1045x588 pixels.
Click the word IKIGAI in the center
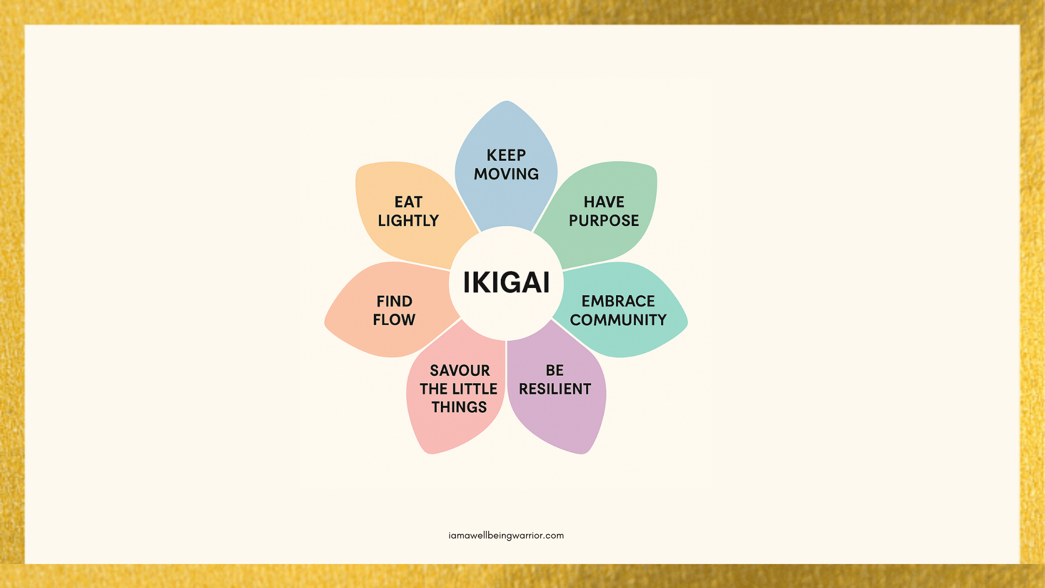(x=506, y=283)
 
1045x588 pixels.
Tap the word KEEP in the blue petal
(x=506, y=155)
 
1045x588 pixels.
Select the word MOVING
(x=506, y=174)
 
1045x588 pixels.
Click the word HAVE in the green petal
(x=604, y=202)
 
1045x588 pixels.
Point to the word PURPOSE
(x=604, y=220)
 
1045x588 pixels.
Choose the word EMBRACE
(x=618, y=301)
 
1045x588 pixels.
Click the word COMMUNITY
(x=618, y=320)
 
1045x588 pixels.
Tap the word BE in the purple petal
(x=555, y=370)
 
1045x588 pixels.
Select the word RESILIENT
(x=555, y=389)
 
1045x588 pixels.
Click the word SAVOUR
(x=460, y=370)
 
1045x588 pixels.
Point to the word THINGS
(x=459, y=407)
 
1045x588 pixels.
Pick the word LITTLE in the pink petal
(x=475, y=389)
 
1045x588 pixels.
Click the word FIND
(x=395, y=301)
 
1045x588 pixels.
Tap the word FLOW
(x=394, y=320)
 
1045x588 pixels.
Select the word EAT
(x=409, y=202)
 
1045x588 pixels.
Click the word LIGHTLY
(x=408, y=220)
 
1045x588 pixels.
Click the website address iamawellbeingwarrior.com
(x=506, y=535)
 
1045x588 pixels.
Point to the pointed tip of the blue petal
(x=506, y=101)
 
